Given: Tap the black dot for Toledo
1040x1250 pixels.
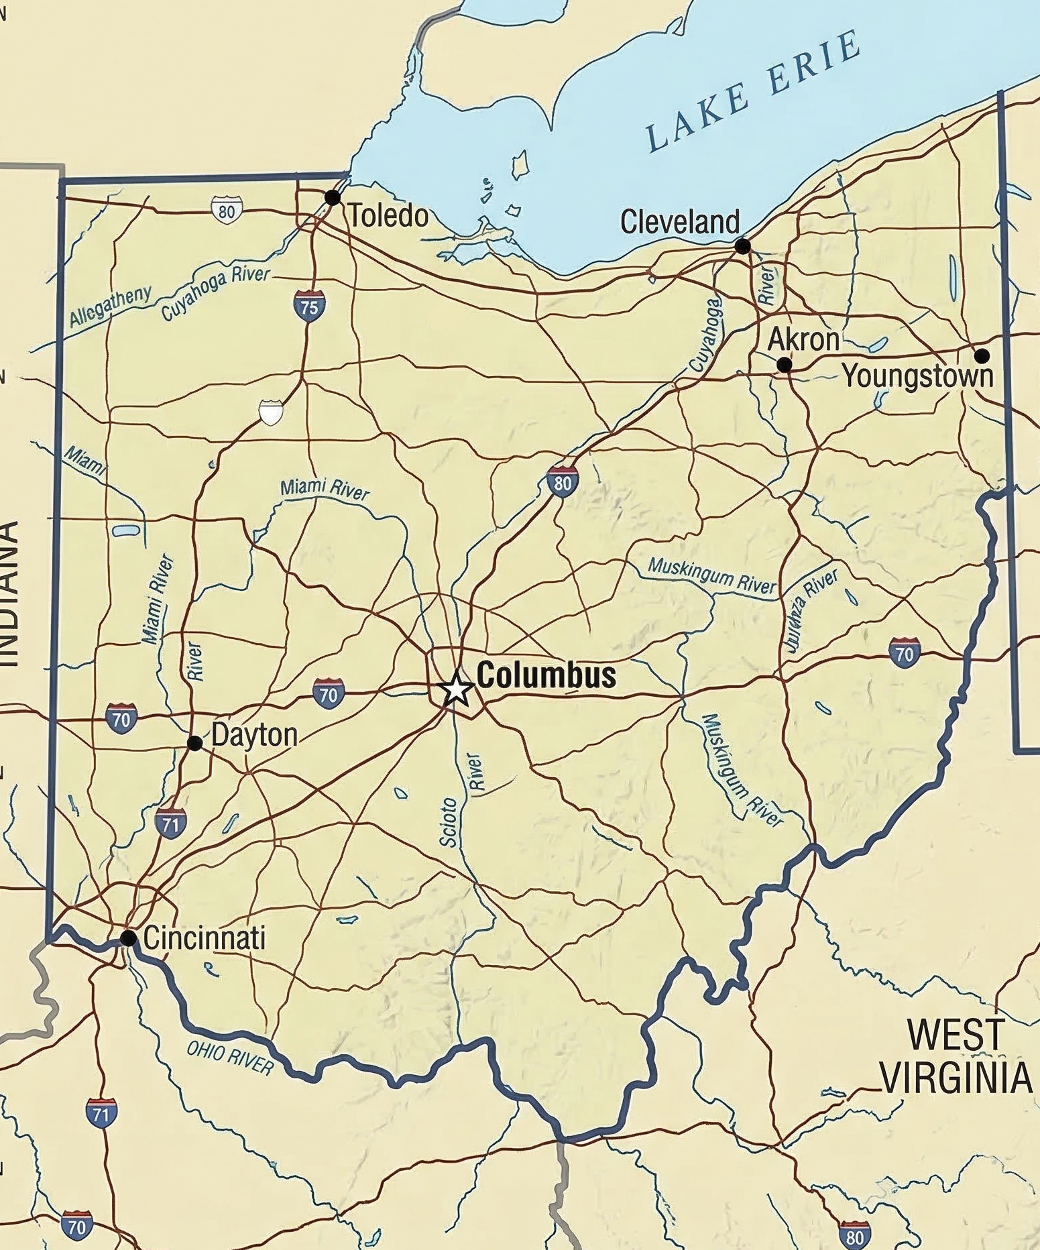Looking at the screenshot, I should click(332, 197).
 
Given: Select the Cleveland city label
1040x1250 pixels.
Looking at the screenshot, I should click(679, 222).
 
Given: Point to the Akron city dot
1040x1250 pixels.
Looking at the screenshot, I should click(783, 365).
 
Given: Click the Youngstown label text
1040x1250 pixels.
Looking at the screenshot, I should click(917, 376).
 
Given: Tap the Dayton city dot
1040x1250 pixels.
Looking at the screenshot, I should click(194, 743).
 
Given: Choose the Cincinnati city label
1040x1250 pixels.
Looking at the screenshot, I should click(205, 937).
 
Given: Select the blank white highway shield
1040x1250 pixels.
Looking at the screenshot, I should click(270, 412).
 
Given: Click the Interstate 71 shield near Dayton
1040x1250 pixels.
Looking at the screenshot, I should click(170, 823).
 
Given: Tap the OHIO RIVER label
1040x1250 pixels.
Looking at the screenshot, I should click(231, 1058).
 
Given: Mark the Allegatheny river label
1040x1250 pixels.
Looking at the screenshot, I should click(111, 306).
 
